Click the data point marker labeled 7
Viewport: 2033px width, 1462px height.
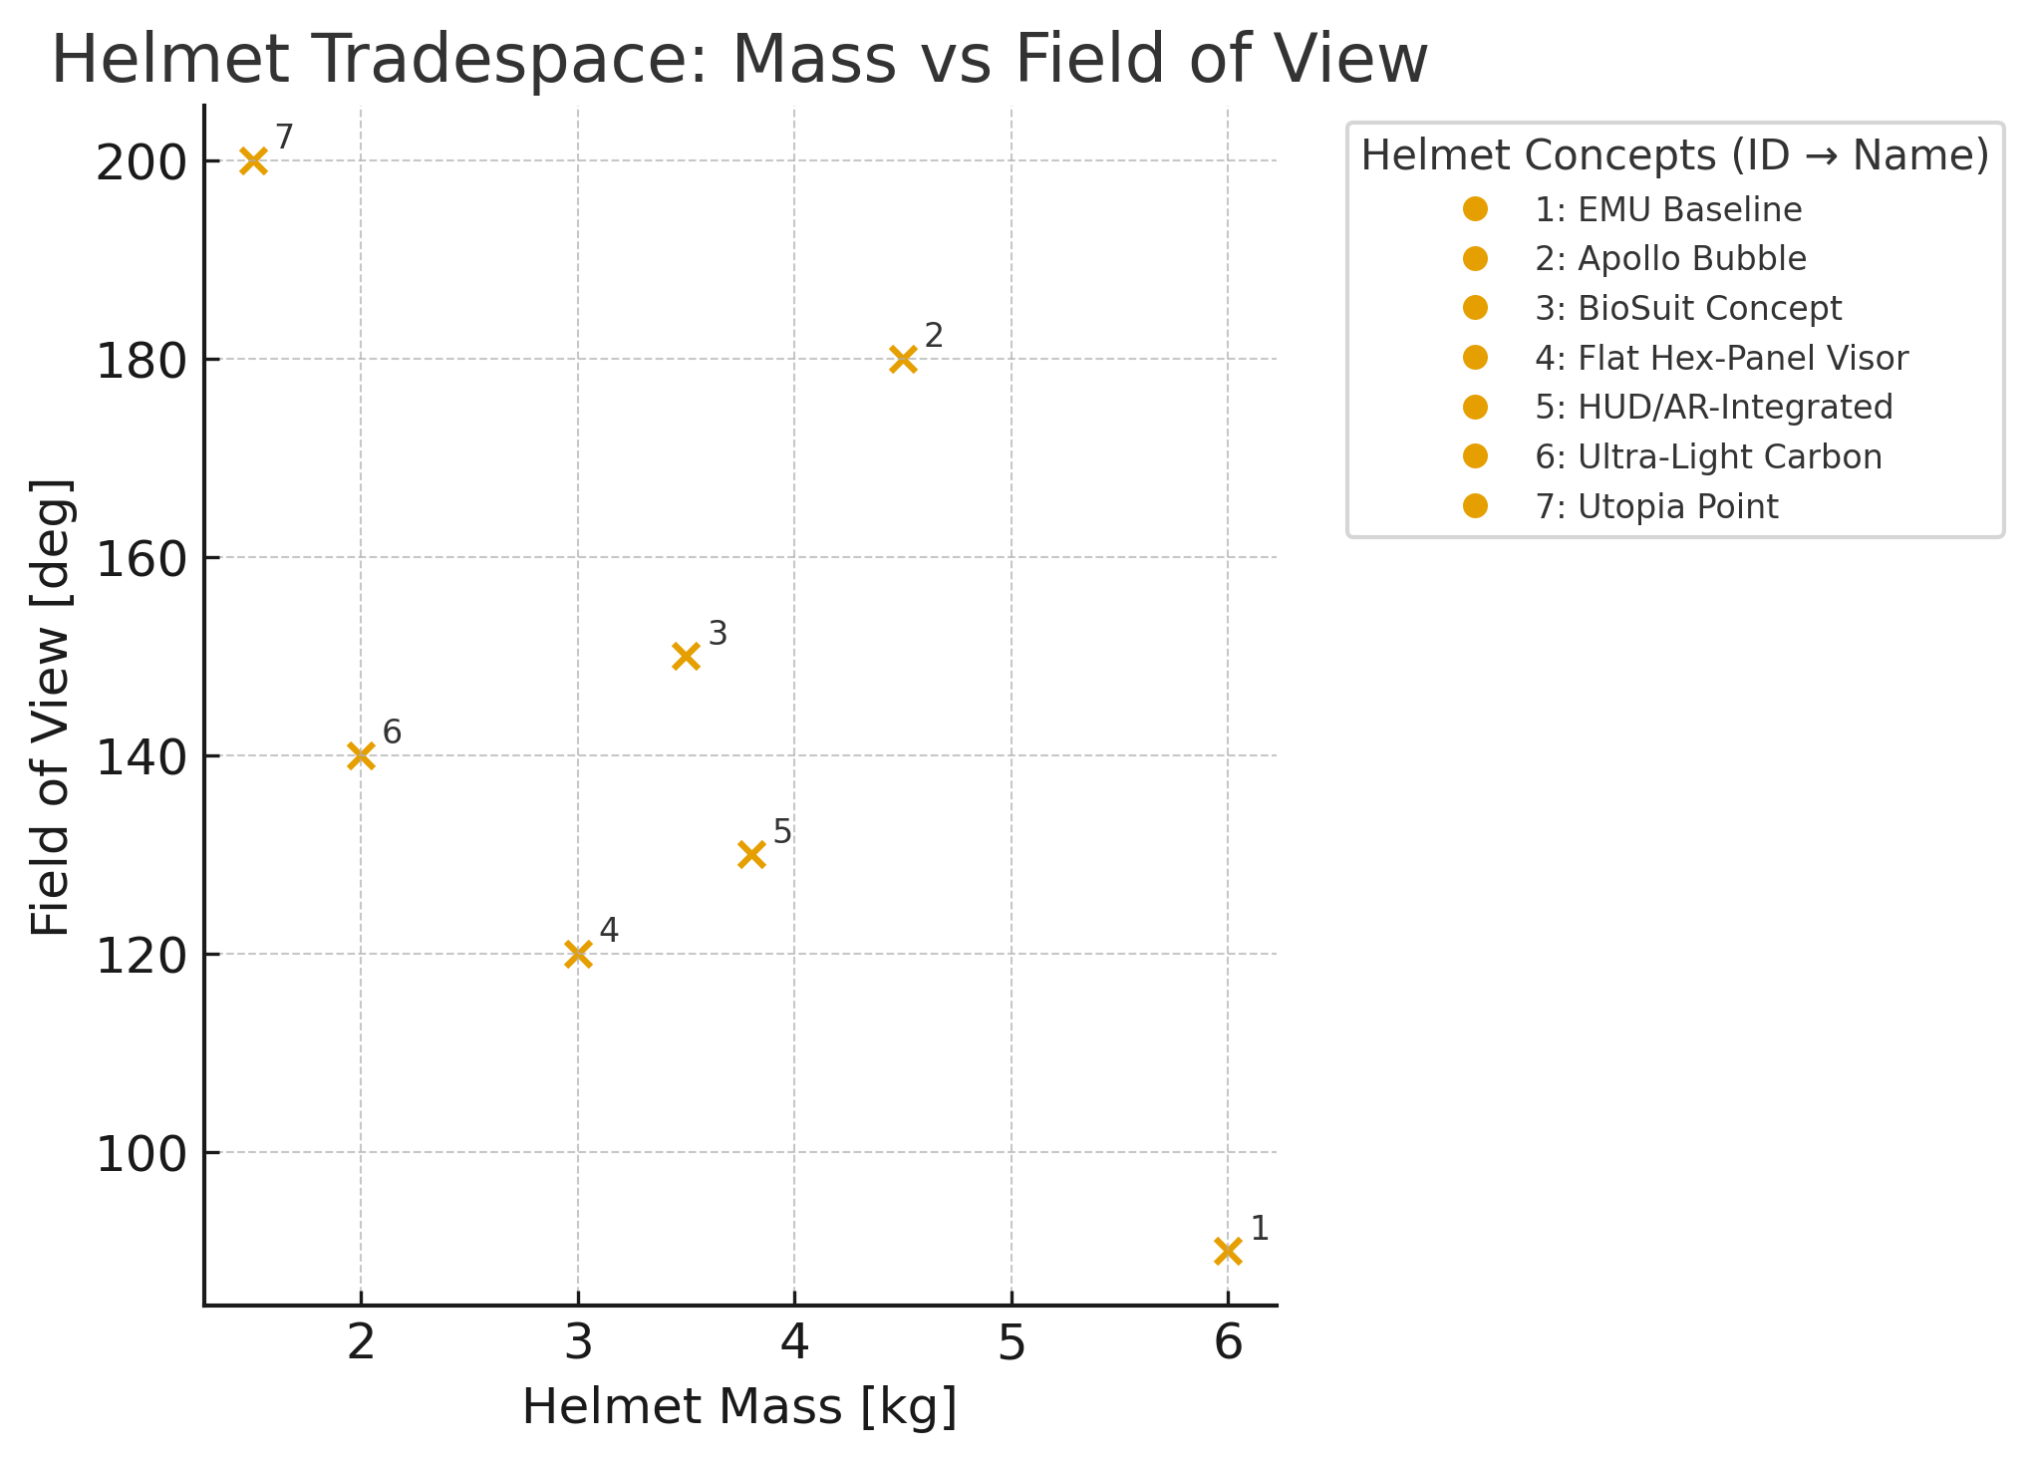[x=253, y=160]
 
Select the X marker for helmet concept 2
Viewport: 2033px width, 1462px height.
[x=903, y=359]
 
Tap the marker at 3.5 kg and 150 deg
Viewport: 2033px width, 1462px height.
[x=686, y=656]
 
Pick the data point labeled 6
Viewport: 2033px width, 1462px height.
[x=361, y=755]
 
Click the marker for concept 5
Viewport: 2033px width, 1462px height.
[x=751, y=854]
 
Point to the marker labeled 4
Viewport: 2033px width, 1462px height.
[x=578, y=954]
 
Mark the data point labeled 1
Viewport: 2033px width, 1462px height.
[x=1228, y=1251]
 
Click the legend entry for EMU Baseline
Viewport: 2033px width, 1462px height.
[x=1667, y=210]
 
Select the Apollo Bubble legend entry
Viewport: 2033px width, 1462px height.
[x=1670, y=259]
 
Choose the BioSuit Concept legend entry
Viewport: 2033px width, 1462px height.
[x=1688, y=309]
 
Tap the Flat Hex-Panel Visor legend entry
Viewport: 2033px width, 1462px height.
[x=1721, y=358]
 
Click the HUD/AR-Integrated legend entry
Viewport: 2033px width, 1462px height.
[x=1713, y=408]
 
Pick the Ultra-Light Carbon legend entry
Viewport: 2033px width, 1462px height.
[x=1708, y=457]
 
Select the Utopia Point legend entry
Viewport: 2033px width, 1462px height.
[x=1656, y=507]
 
